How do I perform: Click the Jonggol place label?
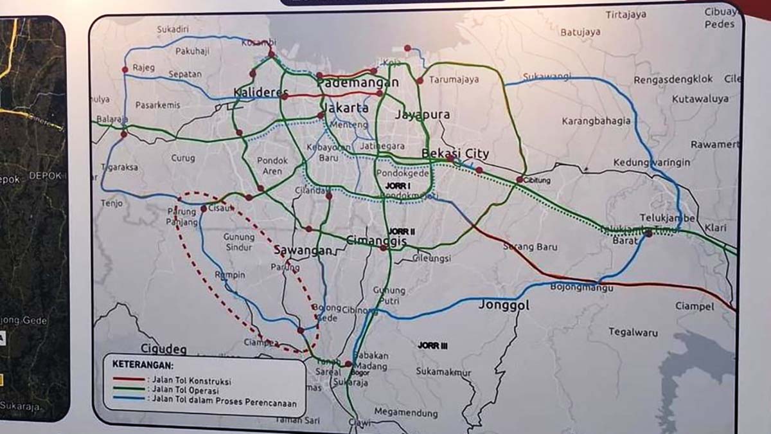tap(504, 305)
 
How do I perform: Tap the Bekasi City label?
tap(456, 154)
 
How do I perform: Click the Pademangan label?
tap(358, 83)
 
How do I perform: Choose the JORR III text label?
tap(432, 345)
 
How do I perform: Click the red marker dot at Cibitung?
tap(519, 180)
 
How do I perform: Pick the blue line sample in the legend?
tap(128, 399)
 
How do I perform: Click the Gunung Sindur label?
tap(239, 242)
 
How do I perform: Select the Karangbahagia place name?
tap(596, 121)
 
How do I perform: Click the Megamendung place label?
tap(406, 412)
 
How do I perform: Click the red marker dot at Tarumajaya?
tap(420, 81)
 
